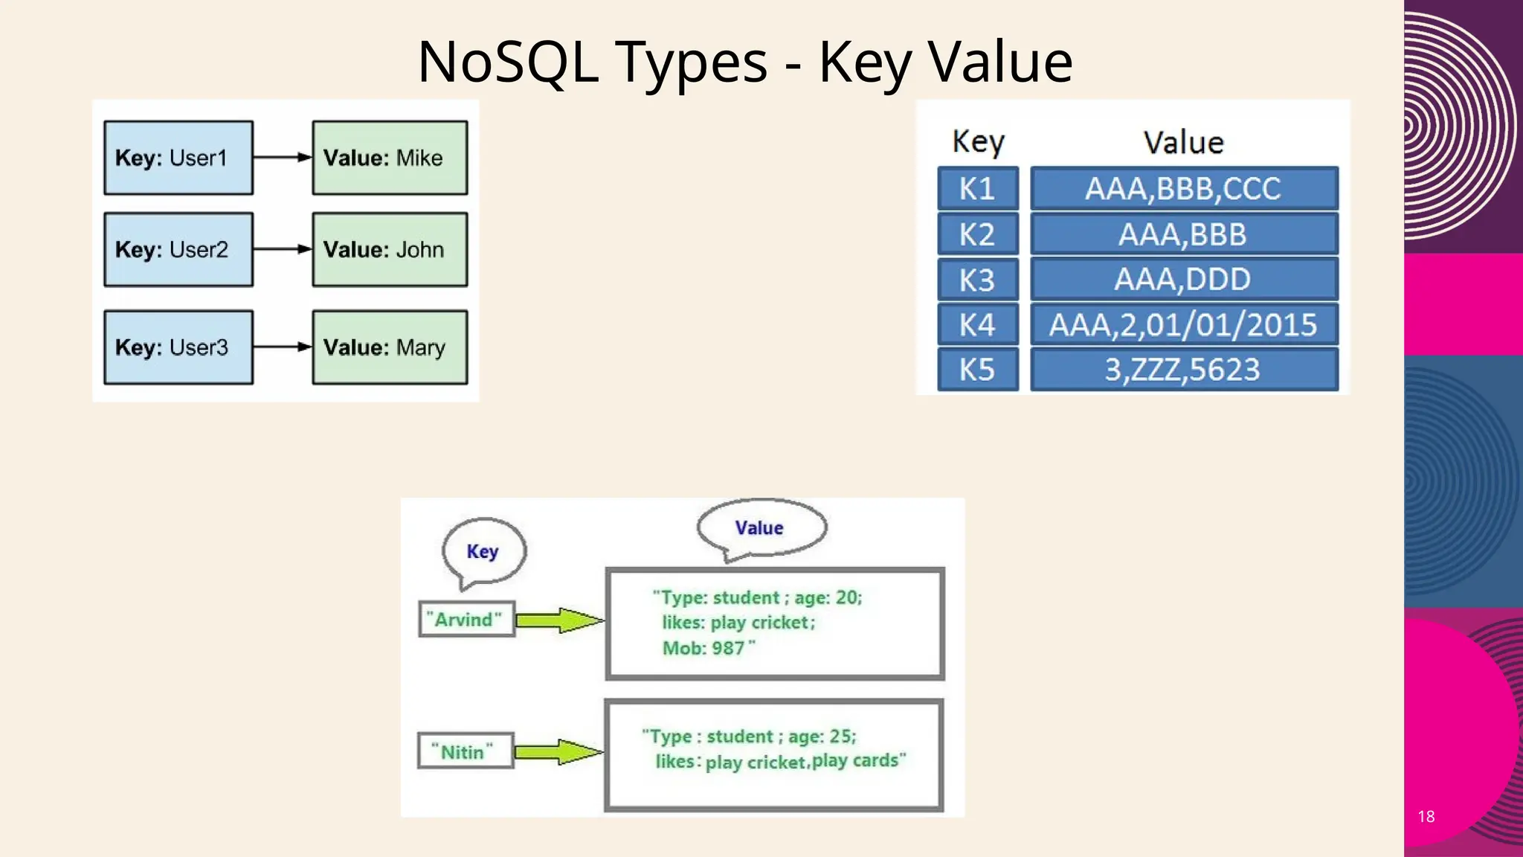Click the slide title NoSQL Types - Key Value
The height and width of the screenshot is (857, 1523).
tap(744, 62)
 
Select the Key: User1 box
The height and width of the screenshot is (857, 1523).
tap(178, 158)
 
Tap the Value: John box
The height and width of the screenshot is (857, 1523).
tap(390, 250)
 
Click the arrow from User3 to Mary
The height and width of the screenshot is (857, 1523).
tap(282, 347)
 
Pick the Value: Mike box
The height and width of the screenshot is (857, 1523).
tap(390, 158)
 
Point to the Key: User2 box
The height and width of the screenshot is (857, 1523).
tap(178, 250)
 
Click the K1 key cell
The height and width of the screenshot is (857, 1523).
tap(977, 189)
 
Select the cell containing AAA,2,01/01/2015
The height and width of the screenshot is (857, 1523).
tap(1183, 325)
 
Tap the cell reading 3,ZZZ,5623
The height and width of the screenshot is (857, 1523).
tap(1183, 370)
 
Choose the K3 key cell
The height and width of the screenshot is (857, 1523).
tap(977, 280)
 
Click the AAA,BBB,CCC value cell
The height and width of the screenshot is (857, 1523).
tap(1183, 189)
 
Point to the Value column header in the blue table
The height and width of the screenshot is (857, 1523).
tap(1183, 143)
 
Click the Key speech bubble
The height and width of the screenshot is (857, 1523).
tap(483, 551)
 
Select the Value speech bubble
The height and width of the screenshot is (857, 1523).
tap(760, 527)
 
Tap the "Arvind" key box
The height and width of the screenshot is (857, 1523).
tap(466, 620)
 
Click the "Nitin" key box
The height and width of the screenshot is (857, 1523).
tap(465, 751)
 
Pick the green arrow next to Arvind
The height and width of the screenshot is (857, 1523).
tap(559, 620)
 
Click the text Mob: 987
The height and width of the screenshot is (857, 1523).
tap(706, 648)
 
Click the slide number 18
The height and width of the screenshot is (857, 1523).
tap(1426, 816)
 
